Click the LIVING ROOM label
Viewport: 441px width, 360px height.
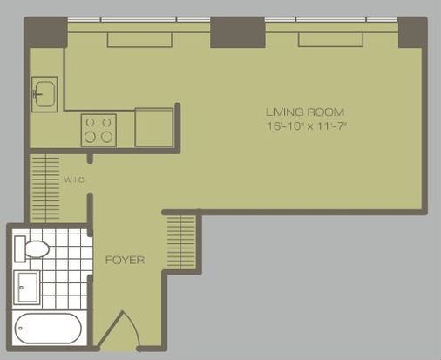(x=305, y=112)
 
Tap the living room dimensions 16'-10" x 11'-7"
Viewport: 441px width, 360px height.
(x=307, y=126)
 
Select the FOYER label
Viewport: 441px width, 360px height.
(x=125, y=260)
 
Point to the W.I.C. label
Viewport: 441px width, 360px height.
(x=75, y=180)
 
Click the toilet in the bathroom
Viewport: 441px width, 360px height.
(x=32, y=249)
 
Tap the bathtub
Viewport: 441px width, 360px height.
(x=48, y=329)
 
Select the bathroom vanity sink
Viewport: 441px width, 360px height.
(x=27, y=288)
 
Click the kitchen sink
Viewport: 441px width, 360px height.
(x=44, y=94)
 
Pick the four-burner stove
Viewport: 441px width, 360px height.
(x=98, y=130)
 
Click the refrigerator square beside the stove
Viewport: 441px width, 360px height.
(x=154, y=127)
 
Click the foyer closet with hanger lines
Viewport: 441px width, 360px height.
(x=181, y=242)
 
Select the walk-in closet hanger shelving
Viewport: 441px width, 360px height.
(x=45, y=188)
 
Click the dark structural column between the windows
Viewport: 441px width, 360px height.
(x=238, y=32)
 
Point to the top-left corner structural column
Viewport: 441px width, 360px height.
(x=46, y=32)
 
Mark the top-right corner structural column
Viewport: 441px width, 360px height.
(x=412, y=32)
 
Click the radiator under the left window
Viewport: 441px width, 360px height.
(x=139, y=40)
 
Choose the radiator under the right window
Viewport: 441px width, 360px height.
(x=330, y=40)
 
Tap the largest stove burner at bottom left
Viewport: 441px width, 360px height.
(x=90, y=137)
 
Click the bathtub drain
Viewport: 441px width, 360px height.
(x=20, y=329)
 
